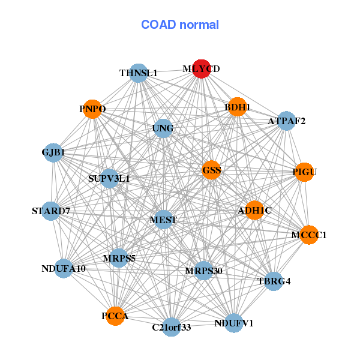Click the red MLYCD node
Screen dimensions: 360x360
pos(202,69)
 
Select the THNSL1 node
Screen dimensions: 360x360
pos(139,73)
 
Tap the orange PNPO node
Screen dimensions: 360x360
pos(92,109)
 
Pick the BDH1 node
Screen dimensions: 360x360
pos(237,107)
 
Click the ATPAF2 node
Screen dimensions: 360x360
pos(286,121)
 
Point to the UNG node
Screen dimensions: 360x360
pos(163,128)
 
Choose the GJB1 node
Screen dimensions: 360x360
pos(53,152)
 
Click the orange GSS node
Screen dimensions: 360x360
pos(212,170)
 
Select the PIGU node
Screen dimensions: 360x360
pos(304,172)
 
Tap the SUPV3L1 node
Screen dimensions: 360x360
pos(109,178)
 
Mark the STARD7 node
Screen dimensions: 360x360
pos(51,211)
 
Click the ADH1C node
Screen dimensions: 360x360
pos(254,211)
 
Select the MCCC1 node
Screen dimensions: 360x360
pos(309,235)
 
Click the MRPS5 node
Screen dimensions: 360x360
pos(119,258)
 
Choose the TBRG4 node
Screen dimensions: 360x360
pos(274,281)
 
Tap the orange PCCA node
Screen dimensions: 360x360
pos(115,316)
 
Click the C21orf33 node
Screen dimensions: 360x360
pos(172,327)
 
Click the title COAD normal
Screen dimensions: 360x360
pos(180,25)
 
